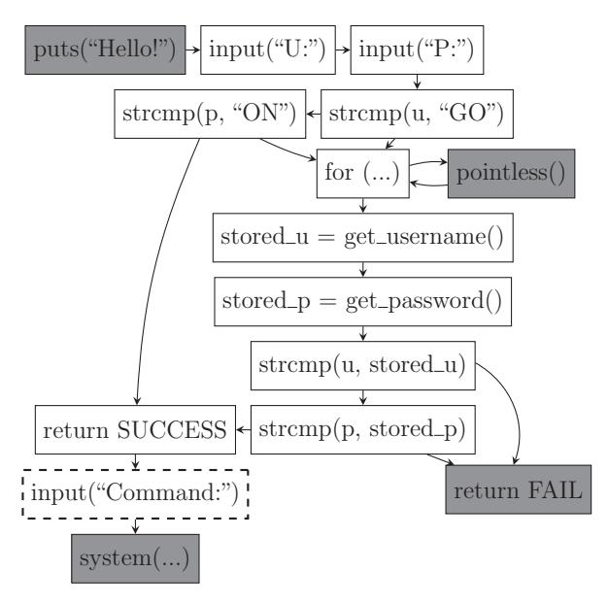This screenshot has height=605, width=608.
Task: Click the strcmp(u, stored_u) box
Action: click(363, 366)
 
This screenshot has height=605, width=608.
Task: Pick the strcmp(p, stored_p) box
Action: click(362, 428)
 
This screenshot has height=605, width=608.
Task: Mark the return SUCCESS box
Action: click(133, 428)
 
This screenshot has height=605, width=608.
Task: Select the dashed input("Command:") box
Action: click(133, 491)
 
